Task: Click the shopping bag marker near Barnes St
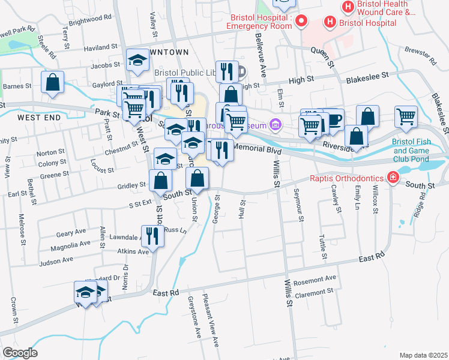(x=53, y=82)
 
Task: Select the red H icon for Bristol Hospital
(x=330, y=22)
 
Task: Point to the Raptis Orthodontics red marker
(x=392, y=178)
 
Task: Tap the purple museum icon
(x=276, y=125)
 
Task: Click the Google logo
(x=19, y=353)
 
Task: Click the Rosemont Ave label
(x=315, y=279)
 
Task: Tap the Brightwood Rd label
(x=91, y=18)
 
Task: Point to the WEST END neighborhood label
(x=39, y=118)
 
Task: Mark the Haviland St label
(x=101, y=47)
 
